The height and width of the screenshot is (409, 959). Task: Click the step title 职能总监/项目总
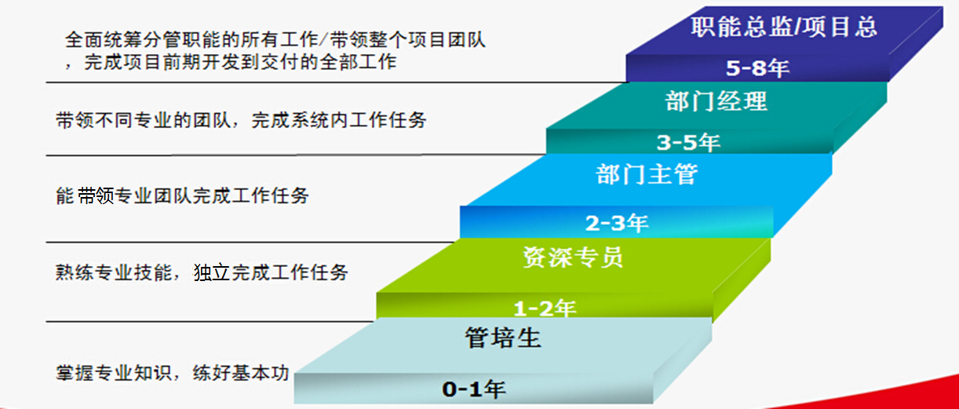[x=784, y=27]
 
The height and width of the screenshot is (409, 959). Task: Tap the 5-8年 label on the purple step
[x=757, y=68]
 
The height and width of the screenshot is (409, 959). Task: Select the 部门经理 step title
[x=717, y=101]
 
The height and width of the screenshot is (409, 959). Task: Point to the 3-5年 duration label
[x=688, y=142]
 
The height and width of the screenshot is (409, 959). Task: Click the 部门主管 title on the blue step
[x=647, y=174]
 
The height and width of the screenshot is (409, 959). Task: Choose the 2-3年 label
[x=617, y=223]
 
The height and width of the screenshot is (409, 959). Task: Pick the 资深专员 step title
[x=573, y=257]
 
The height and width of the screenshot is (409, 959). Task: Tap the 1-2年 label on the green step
[x=545, y=309]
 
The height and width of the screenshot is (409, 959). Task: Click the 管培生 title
[x=503, y=338]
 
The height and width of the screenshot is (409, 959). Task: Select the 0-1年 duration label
[x=473, y=389]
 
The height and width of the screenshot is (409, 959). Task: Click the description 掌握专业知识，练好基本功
[x=173, y=373]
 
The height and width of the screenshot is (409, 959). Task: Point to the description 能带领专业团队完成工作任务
[x=182, y=195]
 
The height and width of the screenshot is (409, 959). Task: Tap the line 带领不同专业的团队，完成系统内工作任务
[x=241, y=120]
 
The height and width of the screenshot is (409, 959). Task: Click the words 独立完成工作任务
[x=271, y=272]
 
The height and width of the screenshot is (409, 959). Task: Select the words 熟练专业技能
[x=114, y=272]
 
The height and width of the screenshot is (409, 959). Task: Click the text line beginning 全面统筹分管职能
[x=275, y=40]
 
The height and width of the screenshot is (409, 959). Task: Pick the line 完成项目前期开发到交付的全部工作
[x=240, y=62]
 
